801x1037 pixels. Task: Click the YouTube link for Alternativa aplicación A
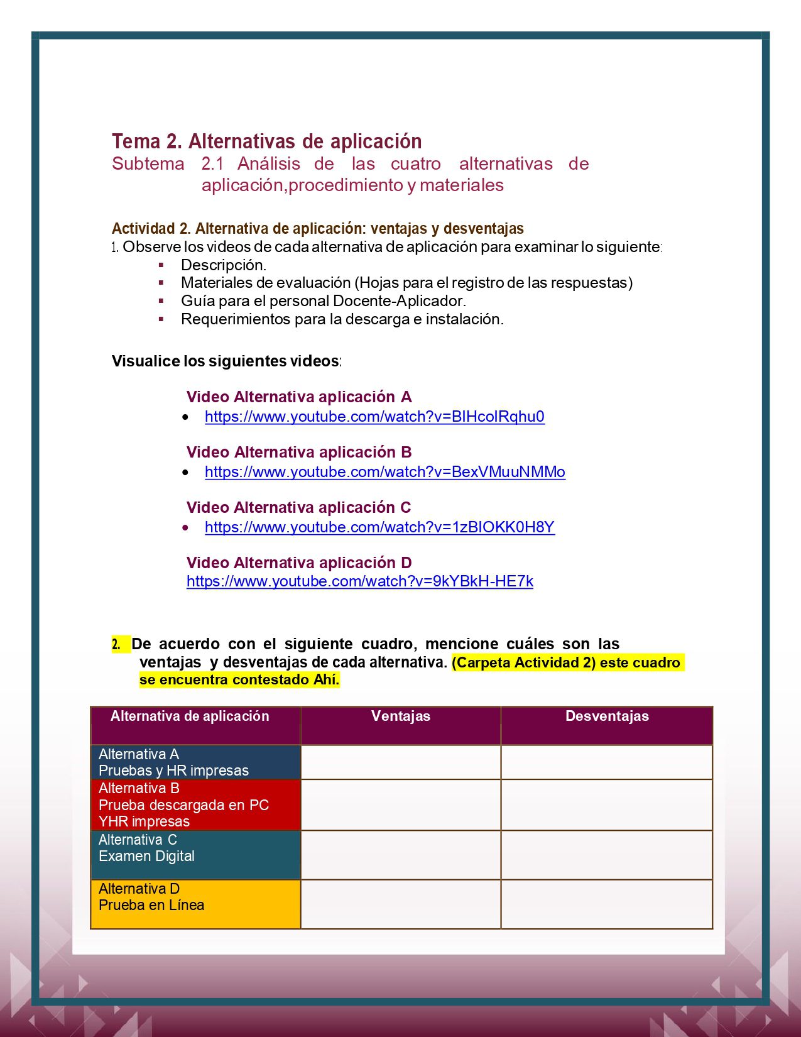click(374, 417)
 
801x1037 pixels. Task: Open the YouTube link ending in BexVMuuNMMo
click(384, 472)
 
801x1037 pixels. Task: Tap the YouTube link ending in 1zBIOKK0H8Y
click(379, 527)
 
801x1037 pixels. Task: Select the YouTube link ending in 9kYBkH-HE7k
click(359, 581)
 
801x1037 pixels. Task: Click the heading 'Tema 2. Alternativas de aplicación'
click(266, 141)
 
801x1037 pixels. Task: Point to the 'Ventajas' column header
click(401, 716)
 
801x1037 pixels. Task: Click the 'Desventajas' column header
click(607, 716)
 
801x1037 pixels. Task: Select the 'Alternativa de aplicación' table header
click(190, 716)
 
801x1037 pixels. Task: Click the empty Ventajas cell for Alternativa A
click(401, 762)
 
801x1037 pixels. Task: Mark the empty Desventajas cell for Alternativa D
click(607, 904)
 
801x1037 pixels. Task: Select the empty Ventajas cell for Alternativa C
click(401, 855)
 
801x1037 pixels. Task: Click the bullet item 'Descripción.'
click(224, 265)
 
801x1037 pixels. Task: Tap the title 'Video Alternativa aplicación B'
click(299, 453)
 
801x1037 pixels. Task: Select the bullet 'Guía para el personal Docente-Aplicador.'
click(324, 301)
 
